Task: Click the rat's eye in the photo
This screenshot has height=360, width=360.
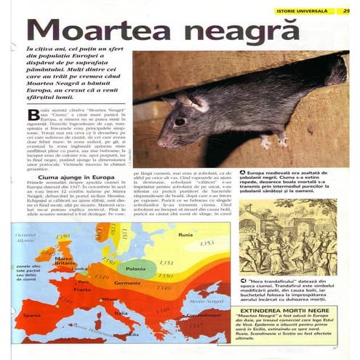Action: click(179, 121)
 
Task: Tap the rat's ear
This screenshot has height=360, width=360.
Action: click(196, 104)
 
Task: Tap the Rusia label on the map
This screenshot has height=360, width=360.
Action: click(186, 235)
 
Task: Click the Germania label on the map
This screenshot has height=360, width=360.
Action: click(127, 282)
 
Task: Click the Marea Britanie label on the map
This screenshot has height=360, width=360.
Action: click(63, 260)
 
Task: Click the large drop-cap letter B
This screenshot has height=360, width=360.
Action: click(33, 115)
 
